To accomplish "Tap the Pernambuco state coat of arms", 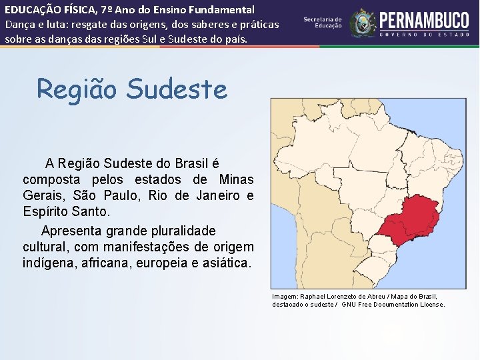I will [363, 23].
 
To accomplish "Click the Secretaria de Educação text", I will [323, 23].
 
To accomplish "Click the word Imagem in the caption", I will [285, 297].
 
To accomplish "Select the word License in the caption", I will [431, 305].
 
